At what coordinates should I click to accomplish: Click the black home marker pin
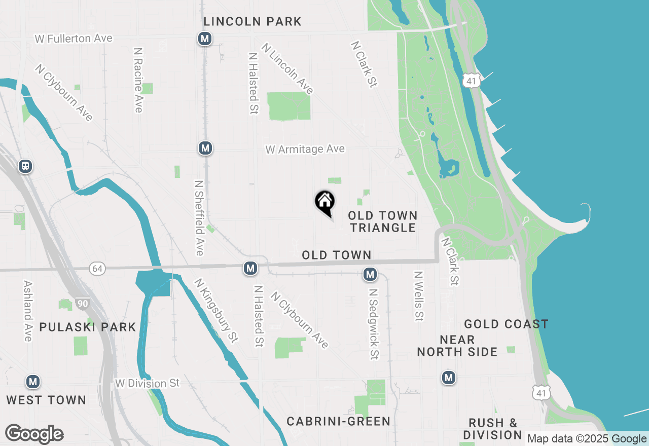click(325, 202)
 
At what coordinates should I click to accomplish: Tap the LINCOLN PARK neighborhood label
click(253, 21)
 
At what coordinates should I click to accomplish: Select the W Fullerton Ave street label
click(74, 39)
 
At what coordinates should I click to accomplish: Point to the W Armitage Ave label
click(305, 149)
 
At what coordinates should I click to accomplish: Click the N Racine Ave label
click(138, 80)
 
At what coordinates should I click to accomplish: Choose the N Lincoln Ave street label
click(287, 68)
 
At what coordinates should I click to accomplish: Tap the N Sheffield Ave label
click(199, 218)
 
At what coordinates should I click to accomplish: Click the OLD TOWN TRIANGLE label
click(383, 222)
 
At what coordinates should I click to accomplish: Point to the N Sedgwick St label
click(374, 324)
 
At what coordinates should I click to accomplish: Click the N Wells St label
click(418, 296)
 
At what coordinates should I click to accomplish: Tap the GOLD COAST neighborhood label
click(506, 324)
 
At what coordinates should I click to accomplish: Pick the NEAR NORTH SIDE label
click(457, 346)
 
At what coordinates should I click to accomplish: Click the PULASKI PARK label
click(88, 327)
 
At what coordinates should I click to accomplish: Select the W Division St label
click(148, 383)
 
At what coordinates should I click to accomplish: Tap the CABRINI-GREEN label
click(338, 421)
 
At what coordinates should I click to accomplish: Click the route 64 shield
click(97, 269)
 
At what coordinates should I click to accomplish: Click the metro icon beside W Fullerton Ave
click(205, 39)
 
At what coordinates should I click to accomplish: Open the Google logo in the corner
click(34, 434)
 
